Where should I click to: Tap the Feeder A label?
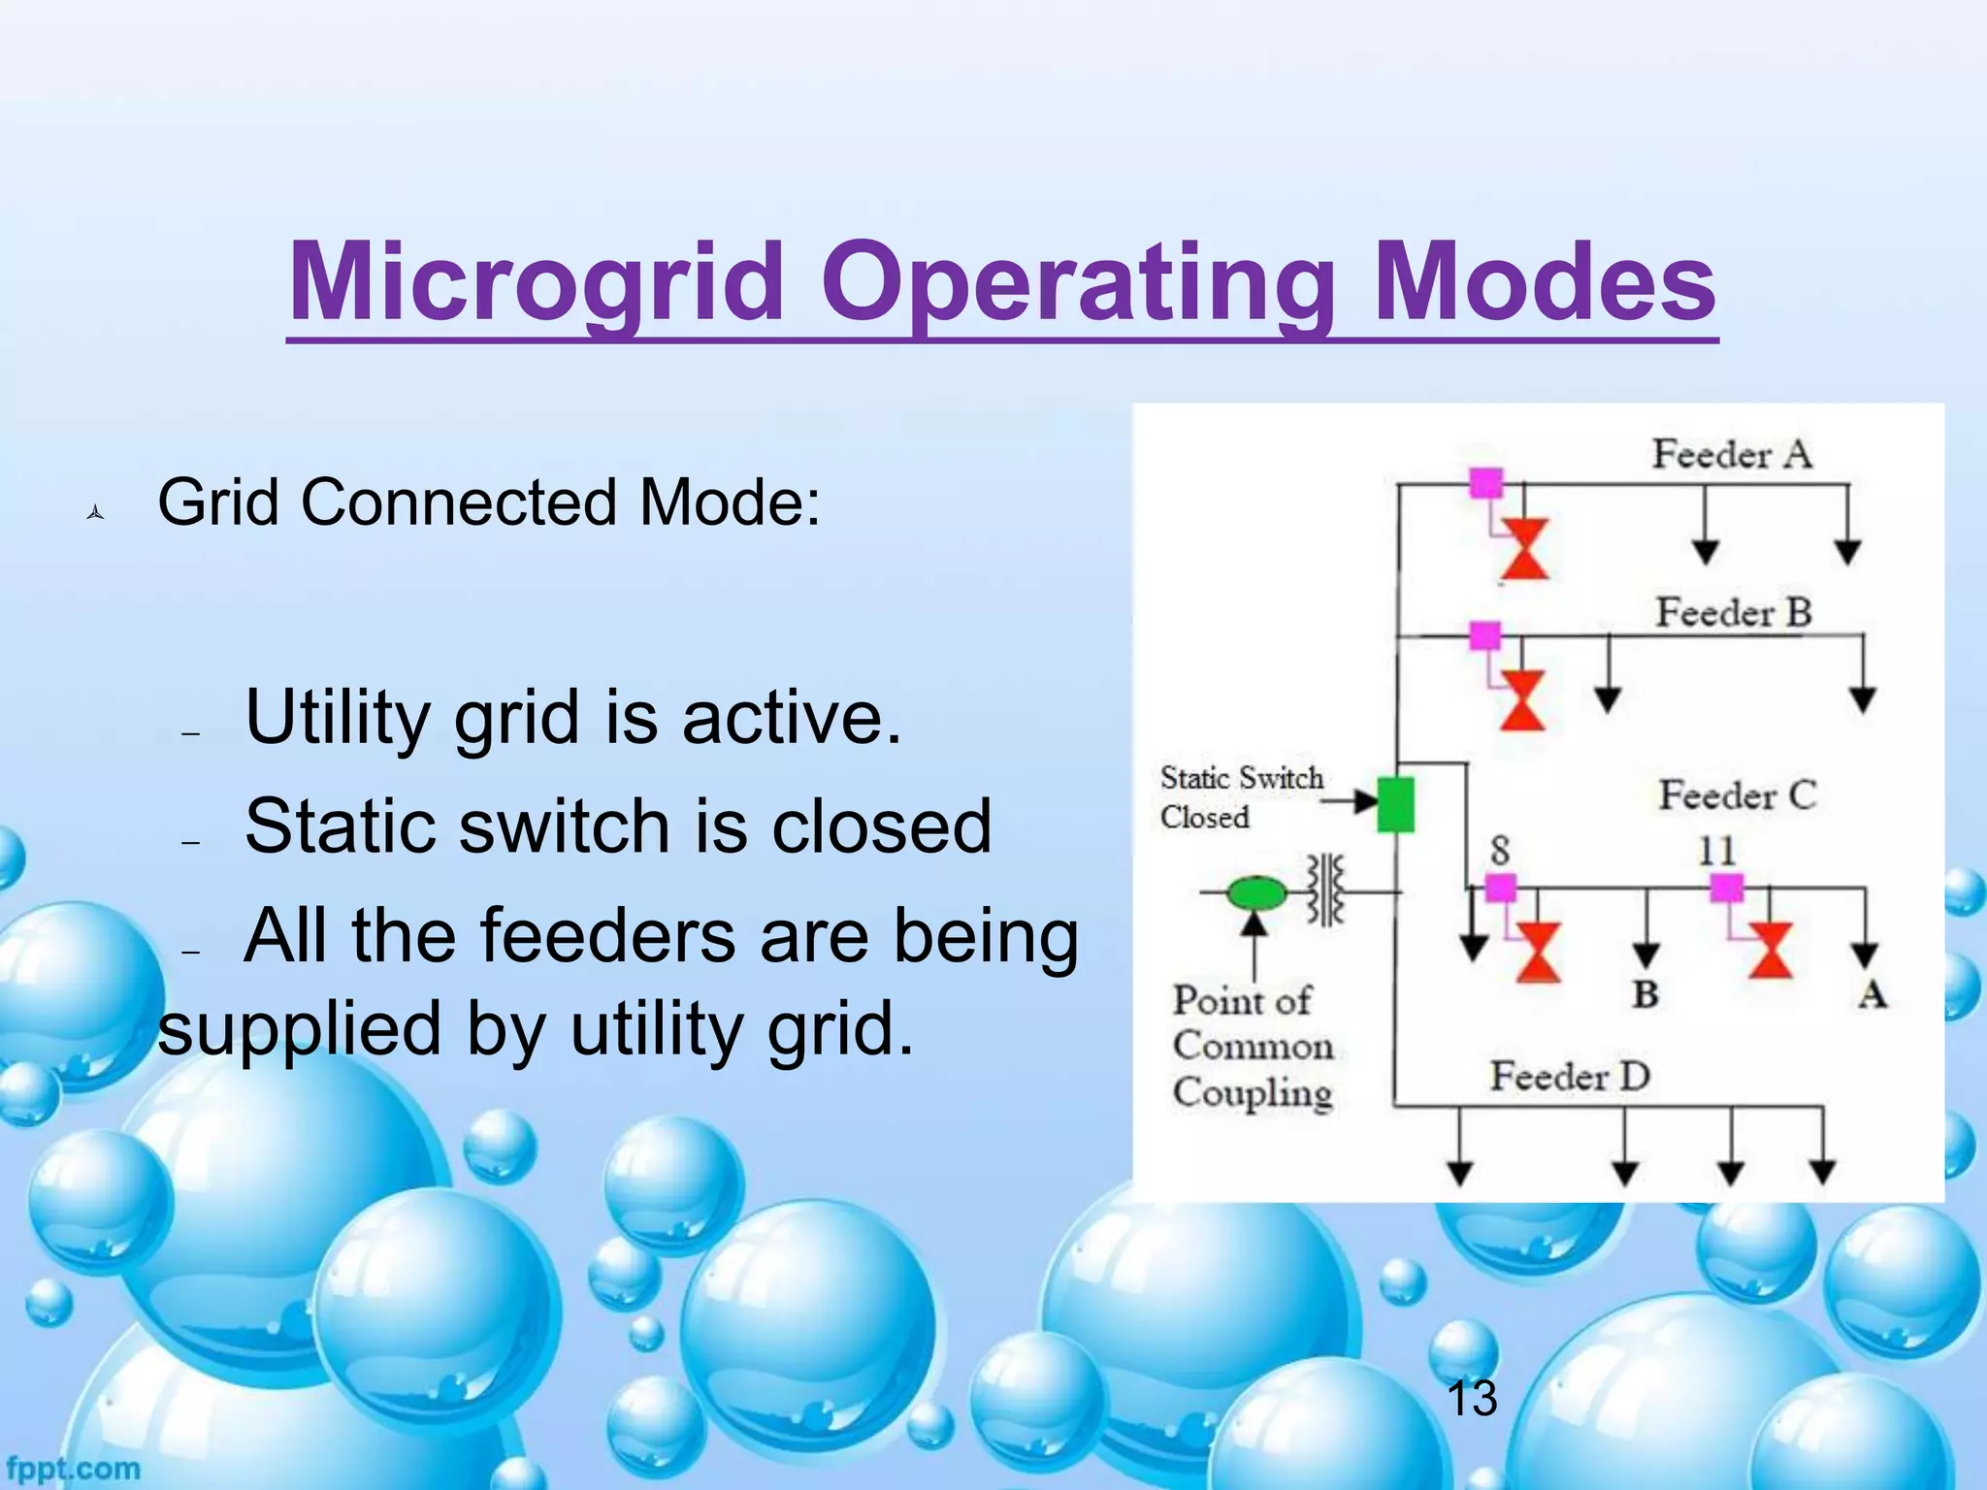click(1732, 454)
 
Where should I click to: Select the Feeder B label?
click(1734, 613)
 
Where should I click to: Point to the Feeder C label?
click(1737, 795)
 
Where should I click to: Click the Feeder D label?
click(1570, 1076)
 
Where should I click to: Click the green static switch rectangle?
click(1395, 804)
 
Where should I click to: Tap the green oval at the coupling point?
click(1255, 891)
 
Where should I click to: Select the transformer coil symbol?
click(1326, 890)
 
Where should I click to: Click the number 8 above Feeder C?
click(1500, 851)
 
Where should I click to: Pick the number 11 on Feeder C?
click(1716, 851)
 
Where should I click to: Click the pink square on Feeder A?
click(1485, 482)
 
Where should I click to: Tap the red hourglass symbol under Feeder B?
click(1522, 699)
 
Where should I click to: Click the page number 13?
click(1471, 1398)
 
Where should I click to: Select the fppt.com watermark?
click(73, 1469)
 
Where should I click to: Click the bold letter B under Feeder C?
click(1645, 994)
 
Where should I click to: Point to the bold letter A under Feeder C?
click(1872, 994)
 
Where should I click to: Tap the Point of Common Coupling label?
click(1252, 1046)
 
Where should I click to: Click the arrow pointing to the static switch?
click(1351, 801)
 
